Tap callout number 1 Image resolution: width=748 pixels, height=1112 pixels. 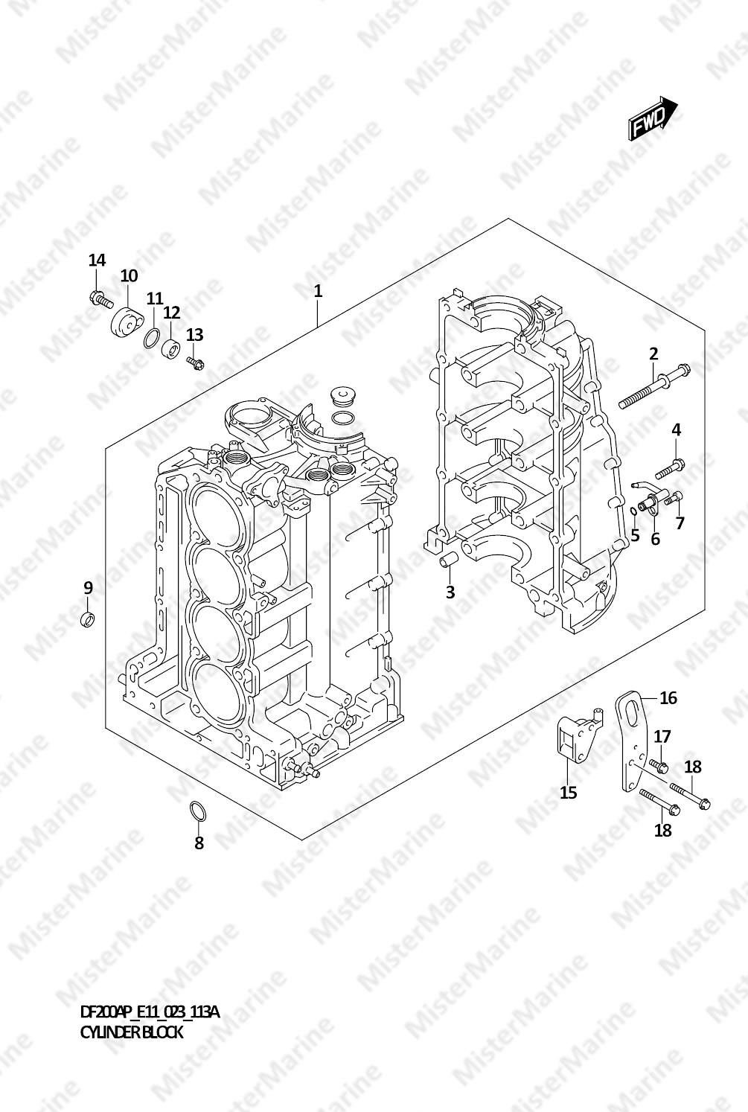point(318,292)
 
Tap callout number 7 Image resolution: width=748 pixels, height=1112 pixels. point(680,523)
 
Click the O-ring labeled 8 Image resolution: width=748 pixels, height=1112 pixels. point(197,810)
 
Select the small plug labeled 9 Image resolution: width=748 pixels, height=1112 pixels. point(89,619)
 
